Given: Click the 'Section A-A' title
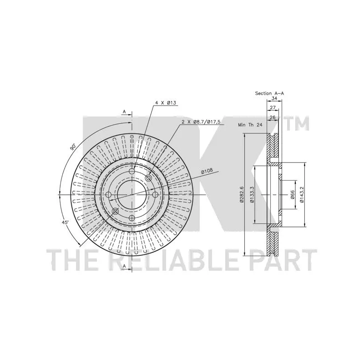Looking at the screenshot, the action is click(x=269, y=93).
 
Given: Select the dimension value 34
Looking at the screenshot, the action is click(x=274, y=98).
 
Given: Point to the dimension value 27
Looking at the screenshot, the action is click(x=273, y=108).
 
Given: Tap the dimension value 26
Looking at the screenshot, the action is click(x=273, y=117).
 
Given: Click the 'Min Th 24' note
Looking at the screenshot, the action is click(x=250, y=125).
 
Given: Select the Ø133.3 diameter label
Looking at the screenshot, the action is click(x=252, y=195).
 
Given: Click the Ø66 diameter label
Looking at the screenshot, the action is click(x=293, y=195).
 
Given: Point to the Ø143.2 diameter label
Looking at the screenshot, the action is click(x=302, y=195).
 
